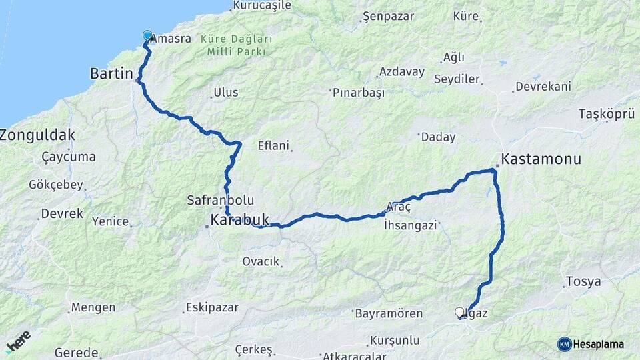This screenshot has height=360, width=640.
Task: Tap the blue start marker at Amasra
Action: point(147,35)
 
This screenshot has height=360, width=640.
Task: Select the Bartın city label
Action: point(112,73)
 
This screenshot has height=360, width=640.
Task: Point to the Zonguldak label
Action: point(37,135)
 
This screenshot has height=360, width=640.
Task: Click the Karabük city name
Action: point(239,219)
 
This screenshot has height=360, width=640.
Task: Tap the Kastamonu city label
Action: point(541,159)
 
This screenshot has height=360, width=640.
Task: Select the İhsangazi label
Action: point(410,225)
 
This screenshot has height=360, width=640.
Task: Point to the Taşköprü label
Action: point(607,114)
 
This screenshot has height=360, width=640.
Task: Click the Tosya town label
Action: point(583,281)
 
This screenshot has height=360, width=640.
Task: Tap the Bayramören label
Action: point(389,313)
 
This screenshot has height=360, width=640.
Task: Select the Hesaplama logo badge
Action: point(591,344)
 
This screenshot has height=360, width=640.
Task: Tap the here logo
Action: point(19,341)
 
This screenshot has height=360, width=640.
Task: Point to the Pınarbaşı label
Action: point(359,93)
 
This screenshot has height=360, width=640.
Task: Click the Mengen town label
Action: point(93,307)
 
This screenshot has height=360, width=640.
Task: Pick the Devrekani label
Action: point(543,87)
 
